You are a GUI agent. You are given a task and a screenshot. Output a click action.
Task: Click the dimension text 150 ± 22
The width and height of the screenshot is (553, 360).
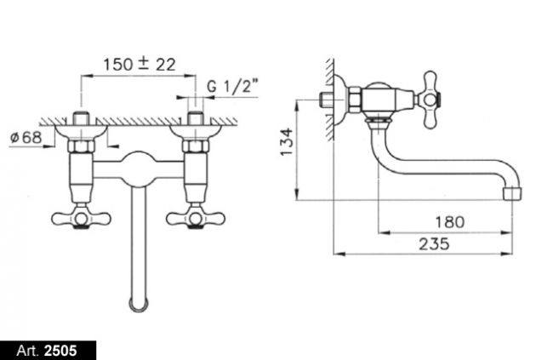(140, 65)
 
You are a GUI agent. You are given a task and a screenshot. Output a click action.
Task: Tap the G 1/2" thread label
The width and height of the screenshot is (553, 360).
(232, 86)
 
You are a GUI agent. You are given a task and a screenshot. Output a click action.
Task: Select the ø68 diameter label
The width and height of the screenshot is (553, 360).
(26, 137)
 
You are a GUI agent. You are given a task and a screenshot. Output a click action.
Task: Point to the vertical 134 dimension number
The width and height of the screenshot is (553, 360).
(287, 142)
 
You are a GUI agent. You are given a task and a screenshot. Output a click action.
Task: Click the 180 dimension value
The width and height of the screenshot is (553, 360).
(450, 222)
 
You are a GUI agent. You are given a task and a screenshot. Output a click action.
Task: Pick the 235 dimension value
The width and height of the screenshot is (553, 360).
(434, 244)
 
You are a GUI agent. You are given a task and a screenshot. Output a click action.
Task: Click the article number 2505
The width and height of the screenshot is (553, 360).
(60, 351)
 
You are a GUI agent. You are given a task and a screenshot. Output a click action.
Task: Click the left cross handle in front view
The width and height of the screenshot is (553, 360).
(81, 219)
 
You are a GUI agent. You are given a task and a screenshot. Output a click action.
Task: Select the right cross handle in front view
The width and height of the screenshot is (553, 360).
(196, 219)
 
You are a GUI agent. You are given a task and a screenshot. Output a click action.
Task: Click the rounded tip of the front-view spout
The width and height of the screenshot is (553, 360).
(139, 305)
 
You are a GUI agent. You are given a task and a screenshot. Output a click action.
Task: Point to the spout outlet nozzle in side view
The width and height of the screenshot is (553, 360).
(510, 194)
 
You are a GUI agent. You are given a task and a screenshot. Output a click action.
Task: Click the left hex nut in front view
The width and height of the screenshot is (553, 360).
(81, 146)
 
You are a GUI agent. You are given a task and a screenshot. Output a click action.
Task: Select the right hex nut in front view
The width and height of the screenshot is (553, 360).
(196, 146)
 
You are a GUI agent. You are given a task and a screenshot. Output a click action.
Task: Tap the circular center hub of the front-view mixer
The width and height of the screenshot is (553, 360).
(139, 169)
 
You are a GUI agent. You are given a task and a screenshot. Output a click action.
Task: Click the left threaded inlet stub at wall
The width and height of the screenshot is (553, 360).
(81, 118)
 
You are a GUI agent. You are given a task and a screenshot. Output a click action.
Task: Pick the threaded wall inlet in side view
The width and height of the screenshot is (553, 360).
(326, 100)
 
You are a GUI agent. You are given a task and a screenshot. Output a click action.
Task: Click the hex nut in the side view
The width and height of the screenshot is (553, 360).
(355, 100)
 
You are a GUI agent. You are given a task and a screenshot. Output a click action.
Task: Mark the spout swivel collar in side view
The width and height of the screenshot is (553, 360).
(379, 122)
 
